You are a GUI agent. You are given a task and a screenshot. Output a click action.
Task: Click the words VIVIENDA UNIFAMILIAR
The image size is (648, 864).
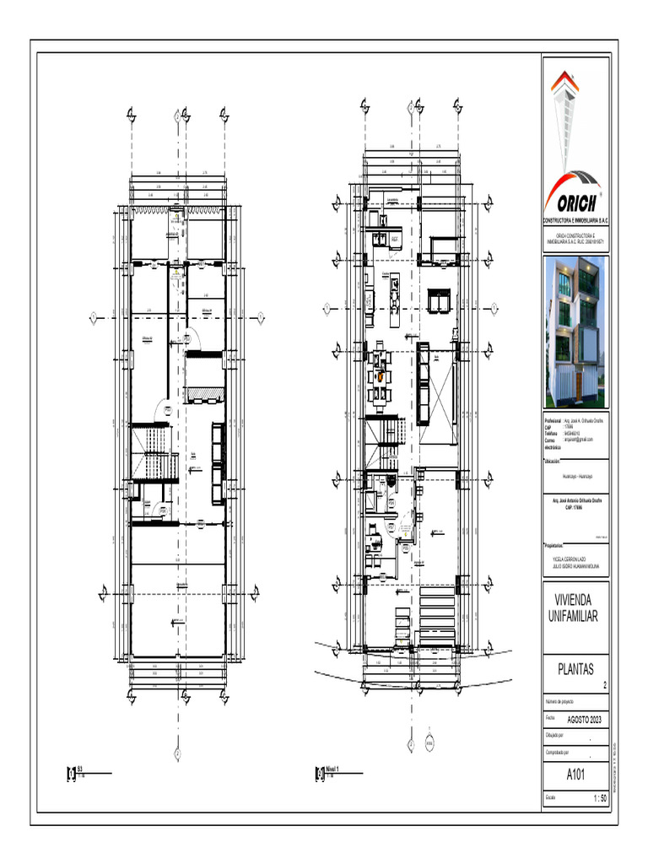pyautogui.click(x=574, y=609)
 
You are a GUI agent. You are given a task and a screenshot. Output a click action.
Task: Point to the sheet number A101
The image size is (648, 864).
pyautogui.click(x=575, y=775)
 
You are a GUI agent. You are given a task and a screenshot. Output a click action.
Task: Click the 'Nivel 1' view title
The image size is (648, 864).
pyautogui.click(x=332, y=769)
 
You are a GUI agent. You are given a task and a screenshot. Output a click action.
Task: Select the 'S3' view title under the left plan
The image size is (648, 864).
pyautogui.click(x=80, y=769)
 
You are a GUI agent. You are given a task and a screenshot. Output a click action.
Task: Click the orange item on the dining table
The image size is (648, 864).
pyautogui.click(x=381, y=377)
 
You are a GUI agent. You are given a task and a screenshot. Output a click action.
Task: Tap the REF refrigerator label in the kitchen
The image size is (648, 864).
pyautogui.click(x=393, y=240)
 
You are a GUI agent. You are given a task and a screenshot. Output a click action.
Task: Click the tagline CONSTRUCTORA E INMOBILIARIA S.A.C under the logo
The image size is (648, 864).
pyautogui.click(x=575, y=219)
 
